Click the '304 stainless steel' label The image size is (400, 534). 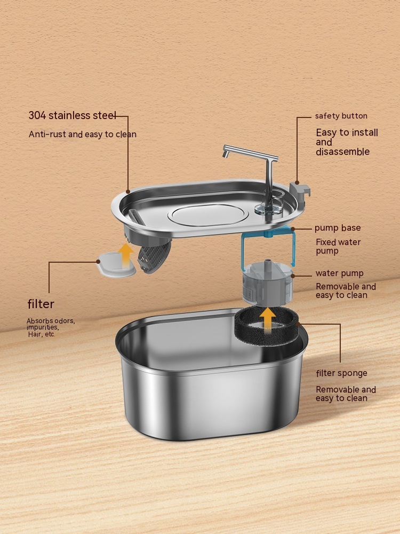(72, 116)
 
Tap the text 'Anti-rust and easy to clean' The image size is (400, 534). (83, 134)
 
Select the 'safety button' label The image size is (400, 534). (341, 116)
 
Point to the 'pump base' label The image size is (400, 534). (338, 228)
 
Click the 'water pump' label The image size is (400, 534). (339, 273)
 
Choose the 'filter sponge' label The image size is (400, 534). (341, 373)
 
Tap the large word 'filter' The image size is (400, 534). (41, 304)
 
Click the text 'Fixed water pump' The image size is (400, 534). (338, 246)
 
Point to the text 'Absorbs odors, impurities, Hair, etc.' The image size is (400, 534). (51, 327)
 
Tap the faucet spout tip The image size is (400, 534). (226, 156)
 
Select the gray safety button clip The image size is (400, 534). (300, 192)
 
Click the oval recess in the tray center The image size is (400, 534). (208, 214)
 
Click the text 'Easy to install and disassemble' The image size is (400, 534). (347, 142)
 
